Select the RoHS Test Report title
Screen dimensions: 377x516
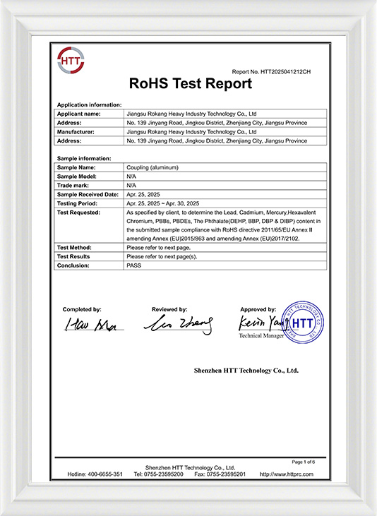[x=191, y=84]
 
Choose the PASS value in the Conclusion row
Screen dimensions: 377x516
[x=133, y=265]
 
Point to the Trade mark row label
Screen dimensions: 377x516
[x=73, y=185]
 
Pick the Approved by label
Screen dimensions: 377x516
[x=258, y=309]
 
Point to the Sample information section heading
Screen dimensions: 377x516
[x=83, y=158]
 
